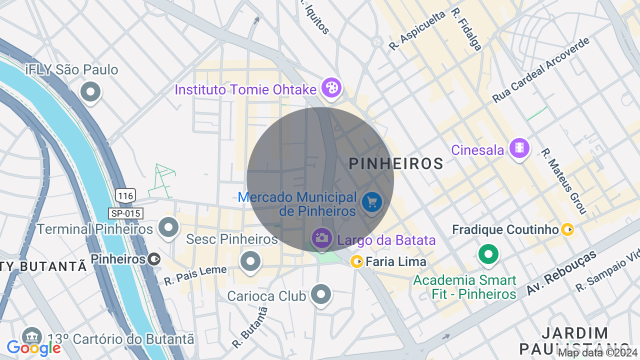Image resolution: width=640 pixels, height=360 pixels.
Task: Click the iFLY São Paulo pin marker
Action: click(90, 92)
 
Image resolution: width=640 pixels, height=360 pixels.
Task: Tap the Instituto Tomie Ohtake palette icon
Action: click(330, 87)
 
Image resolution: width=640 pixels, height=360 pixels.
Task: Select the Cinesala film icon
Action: click(519, 147)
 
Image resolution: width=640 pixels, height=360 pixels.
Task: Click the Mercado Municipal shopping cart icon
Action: click(371, 202)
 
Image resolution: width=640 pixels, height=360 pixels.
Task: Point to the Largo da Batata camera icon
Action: click(321, 238)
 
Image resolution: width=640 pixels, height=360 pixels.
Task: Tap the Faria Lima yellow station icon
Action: click(356, 261)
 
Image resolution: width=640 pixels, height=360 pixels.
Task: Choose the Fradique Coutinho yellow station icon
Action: click(567, 229)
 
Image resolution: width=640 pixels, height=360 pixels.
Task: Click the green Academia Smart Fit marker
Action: click(488, 254)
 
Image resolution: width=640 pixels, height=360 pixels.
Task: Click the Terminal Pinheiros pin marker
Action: click(168, 227)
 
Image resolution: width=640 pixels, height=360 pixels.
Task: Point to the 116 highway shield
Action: click(125, 195)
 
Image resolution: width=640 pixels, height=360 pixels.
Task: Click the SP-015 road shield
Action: click(125, 213)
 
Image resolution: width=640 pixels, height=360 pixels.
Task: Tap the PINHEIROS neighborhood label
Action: click(396, 163)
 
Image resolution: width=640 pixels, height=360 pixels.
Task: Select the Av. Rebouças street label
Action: click(561, 272)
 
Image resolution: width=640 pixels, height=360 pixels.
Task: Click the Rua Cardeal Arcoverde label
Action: click(541, 69)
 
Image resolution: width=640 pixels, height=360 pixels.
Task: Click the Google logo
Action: click(33, 348)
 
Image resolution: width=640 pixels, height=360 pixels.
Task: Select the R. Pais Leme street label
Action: click(195, 275)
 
